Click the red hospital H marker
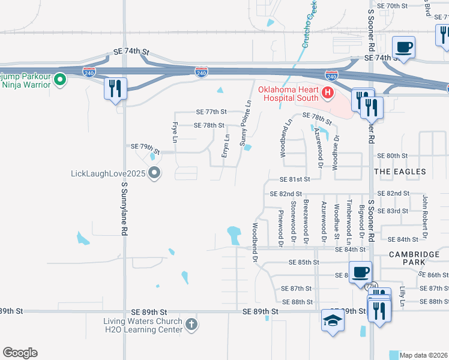(x=328, y=92)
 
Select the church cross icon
(x=191, y=325)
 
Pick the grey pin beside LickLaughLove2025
(x=154, y=173)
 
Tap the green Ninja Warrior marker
(x=60, y=79)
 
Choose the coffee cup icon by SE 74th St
(x=403, y=47)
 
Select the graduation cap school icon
(x=333, y=319)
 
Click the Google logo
(x=20, y=353)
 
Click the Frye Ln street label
(x=175, y=131)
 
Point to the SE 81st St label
(x=294, y=179)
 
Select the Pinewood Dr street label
(x=280, y=223)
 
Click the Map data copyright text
(x=424, y=355)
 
